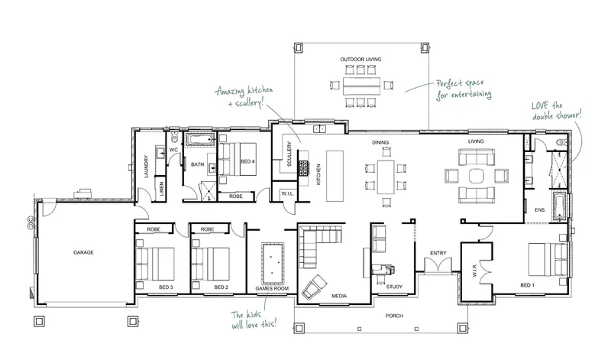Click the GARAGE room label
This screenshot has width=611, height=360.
[x=83, y=252]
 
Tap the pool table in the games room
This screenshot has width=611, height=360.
[x=273, y=264]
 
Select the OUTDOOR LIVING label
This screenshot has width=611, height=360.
[x=360, y=60]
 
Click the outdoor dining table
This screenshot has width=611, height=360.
[x=361, y=86]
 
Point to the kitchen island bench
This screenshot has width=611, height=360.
[x=335, y=176]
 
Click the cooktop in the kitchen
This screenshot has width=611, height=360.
[x=304, y=168]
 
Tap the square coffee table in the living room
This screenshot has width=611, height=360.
[x=476, y=176]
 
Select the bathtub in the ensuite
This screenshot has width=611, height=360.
[x=559, y=206]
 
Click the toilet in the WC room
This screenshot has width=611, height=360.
[x=174, y=138]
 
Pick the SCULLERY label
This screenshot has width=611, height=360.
[x=289, y=154]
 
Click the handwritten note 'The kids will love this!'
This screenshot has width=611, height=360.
[x=254, y=319]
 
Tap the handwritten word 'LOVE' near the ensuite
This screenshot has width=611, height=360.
[x=540, y=105]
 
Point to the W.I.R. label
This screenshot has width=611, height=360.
[x=474, y=271]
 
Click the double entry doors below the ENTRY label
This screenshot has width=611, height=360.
[x=438, y=265]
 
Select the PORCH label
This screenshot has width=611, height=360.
[x=394, y=316]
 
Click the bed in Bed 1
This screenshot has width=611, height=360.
[x=548, y=259]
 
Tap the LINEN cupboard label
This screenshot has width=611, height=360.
[x=161, y=189]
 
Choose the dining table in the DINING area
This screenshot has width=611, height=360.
[x=386, y=177]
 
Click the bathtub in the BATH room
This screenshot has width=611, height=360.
[x=200, y=140]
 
